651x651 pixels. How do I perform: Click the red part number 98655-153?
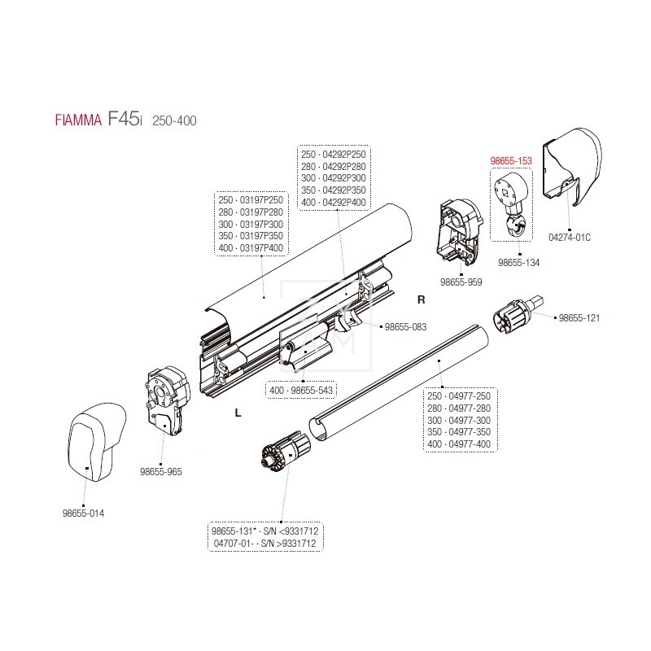pos(511,162)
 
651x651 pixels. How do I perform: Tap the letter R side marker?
pos(421,299)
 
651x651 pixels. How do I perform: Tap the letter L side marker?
pos(238,413)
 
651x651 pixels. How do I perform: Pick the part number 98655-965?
pos(161,470)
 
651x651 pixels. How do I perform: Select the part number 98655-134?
pos(518,263)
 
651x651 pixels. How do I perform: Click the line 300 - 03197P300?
pos(251,224)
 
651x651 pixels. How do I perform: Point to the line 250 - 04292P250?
pos(334,154)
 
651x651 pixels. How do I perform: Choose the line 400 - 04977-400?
pos(459,443)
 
